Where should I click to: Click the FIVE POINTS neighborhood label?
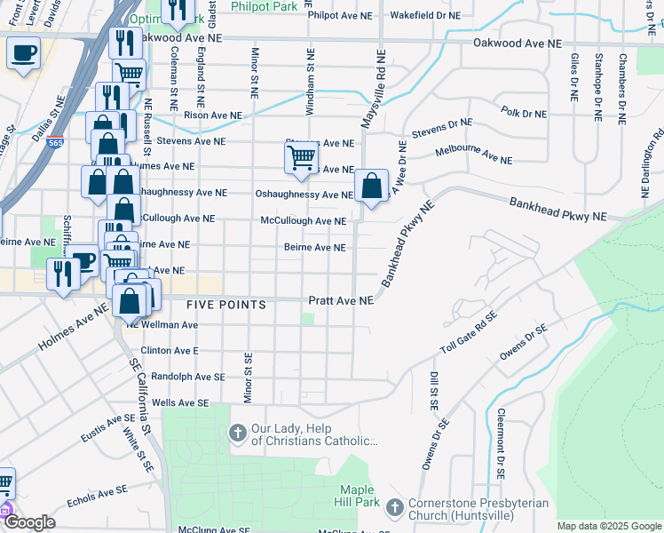tap(226, 305)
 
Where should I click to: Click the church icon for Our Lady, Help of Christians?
tap(237, 433)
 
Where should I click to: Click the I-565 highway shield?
tap(57, 141)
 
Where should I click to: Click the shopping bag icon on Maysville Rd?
tap(372, 187)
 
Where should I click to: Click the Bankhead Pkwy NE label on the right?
tap(557, 210)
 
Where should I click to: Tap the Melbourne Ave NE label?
tap(474, 156)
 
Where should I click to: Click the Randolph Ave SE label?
tap(188, 377)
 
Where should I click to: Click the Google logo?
tap(29, 522)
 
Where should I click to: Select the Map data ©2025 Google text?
tap(608, 526)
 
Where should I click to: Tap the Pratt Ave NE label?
tap(341, 301)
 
